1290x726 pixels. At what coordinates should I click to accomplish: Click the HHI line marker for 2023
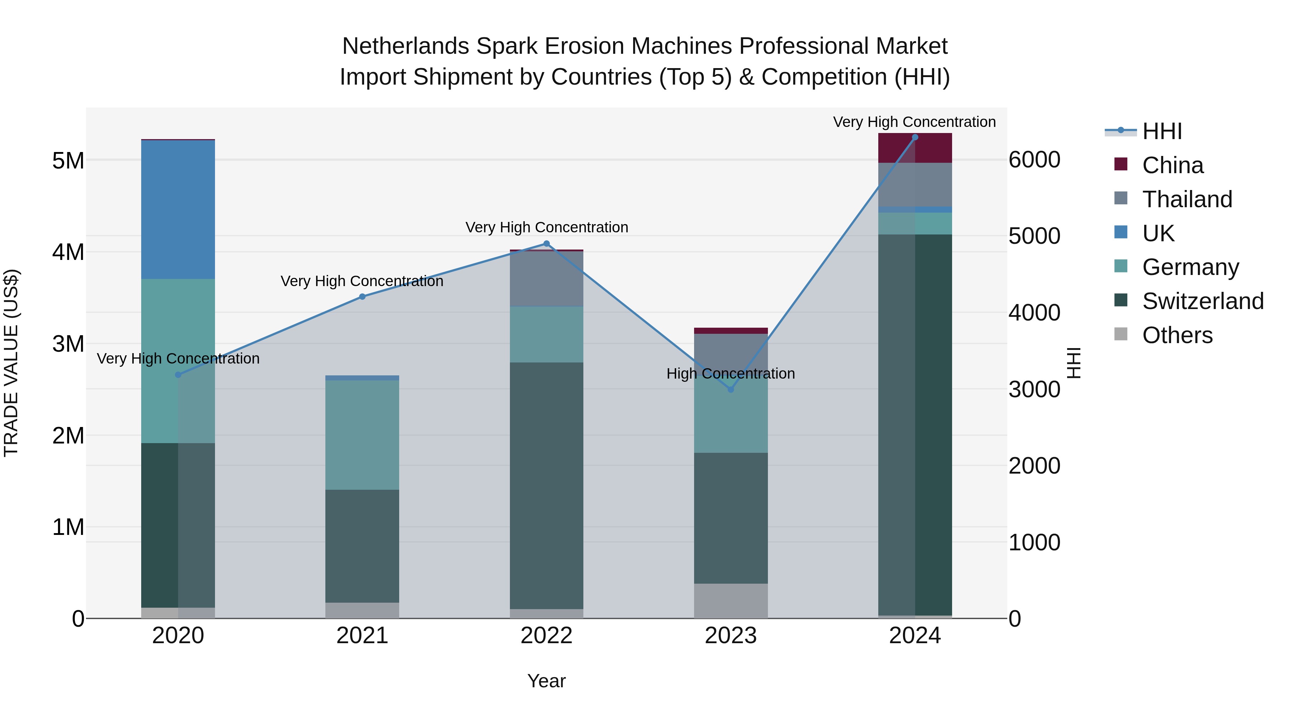[731, 389]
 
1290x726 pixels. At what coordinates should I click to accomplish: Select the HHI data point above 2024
[915, 137]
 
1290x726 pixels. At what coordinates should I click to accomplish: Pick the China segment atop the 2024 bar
[915, 148]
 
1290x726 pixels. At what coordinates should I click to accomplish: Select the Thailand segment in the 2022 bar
[546, 279]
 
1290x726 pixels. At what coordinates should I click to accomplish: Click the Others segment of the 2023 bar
[731, 601]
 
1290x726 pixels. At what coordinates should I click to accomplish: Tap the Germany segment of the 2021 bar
[362, 435]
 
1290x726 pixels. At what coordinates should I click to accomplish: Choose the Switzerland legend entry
[1202, 301]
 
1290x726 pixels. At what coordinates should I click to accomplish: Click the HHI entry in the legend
[1162, 131]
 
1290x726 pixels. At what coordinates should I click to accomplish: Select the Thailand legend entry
[1186, 199]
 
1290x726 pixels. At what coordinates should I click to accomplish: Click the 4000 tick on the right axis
[1034, 313]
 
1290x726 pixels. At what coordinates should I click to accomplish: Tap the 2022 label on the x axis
[546, 636]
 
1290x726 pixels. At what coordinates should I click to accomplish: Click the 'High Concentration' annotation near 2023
[731, 374]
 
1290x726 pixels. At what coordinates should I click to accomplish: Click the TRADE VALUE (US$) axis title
[11, 363]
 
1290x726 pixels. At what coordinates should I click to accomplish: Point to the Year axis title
[546, 681]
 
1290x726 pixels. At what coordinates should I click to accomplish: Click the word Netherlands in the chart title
[405, 47]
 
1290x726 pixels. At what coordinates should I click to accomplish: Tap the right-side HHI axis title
[1074, 363]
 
